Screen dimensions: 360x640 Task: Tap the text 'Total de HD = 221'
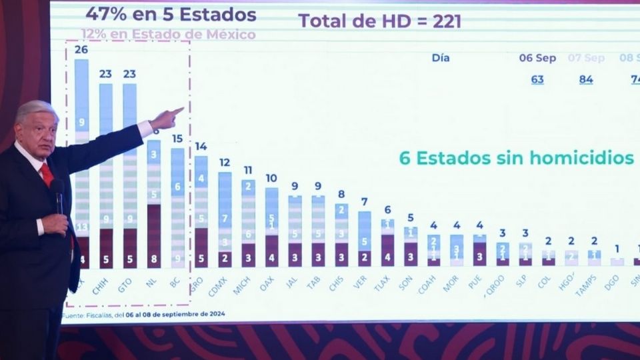pos(380,21)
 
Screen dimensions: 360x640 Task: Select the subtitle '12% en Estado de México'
pos(168,34)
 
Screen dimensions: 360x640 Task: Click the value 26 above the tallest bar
pos(81,49)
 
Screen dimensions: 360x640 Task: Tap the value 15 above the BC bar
pos(176,139)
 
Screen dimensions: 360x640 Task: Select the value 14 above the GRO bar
pos(201,147)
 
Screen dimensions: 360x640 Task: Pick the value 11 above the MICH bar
pos(247,171)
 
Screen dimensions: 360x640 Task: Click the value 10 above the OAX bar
pos(271,179)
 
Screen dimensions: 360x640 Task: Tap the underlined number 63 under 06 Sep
pos(537,79)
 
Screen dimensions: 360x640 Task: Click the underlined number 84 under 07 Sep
pos(586,79)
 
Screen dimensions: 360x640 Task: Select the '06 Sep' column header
pos(537,58)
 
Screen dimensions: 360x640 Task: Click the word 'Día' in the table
pos(440,58)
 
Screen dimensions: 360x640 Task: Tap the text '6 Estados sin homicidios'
pos(516,158)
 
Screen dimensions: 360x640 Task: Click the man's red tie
pos(47,175)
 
